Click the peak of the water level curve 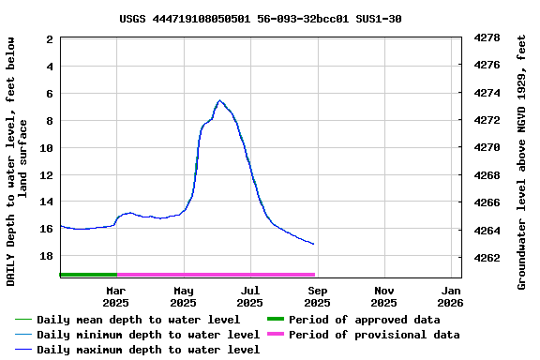point(219,100)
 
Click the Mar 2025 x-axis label point(115,296)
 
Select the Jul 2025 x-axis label point(250,296)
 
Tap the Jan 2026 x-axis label point(451,296)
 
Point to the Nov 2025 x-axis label point(383,296)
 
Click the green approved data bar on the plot point(88,275)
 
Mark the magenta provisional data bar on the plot point(216,275)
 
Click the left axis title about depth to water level point(17,161)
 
